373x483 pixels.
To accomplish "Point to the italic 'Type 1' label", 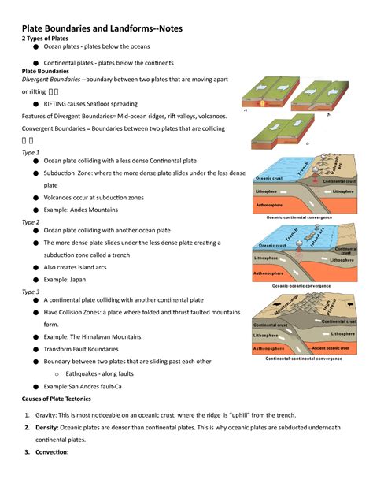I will point(31,152).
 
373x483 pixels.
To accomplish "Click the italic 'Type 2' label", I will point(31,222).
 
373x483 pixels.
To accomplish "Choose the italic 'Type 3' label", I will point(31,292).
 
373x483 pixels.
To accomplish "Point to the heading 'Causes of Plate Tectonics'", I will point(60,400).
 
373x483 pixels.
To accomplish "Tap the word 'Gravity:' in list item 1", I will point(47,414).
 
